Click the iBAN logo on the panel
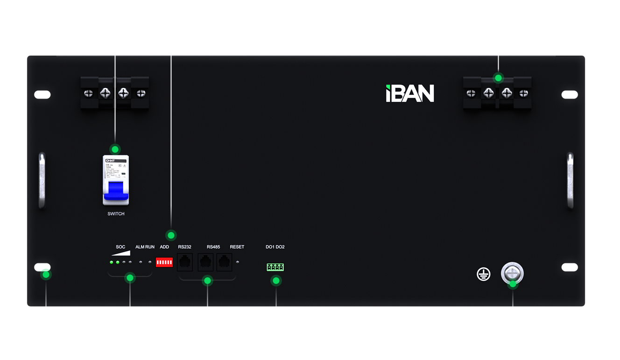point(410,93)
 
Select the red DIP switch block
point(164,263)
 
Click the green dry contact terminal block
point(275,267)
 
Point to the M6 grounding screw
point(512,273)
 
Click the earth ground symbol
point(484,274)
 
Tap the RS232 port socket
point(185,262)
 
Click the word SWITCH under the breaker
point(116,214)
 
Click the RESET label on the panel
point(237,247)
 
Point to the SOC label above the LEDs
point(120,247)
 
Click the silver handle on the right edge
point(570,179)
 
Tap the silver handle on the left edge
point(42,179)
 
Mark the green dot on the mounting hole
point(45,274)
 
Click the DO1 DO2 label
point(275,247)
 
